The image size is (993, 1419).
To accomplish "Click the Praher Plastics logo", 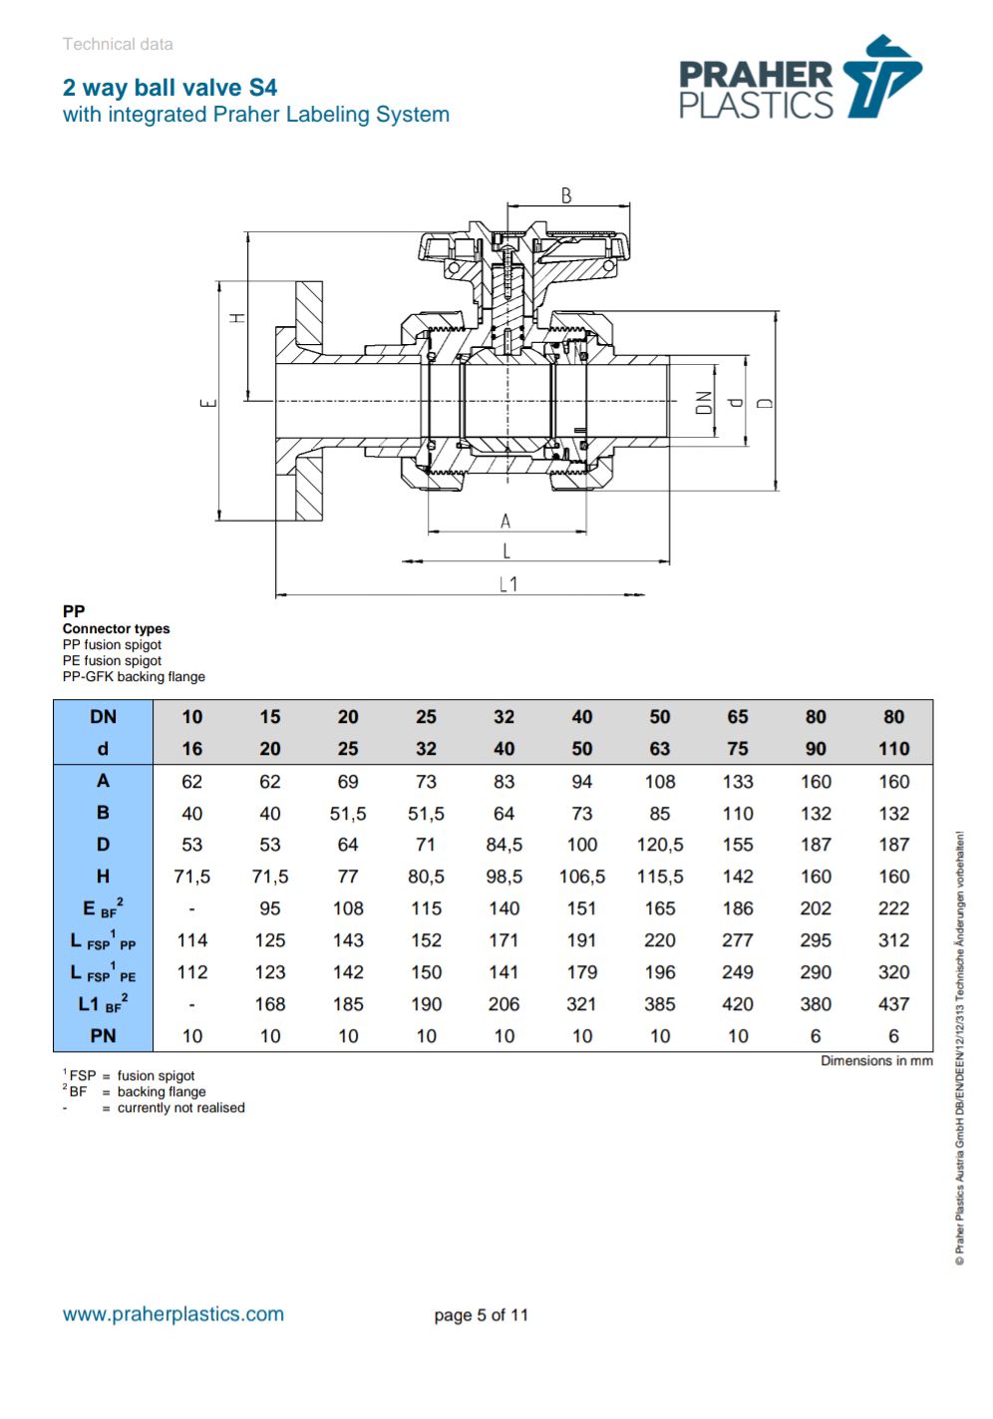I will coord(800,79).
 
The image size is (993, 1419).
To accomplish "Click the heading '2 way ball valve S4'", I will coord(169,88).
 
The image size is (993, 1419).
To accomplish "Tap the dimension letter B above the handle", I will coord(566,195).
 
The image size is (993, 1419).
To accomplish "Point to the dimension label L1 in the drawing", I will coord(508,584).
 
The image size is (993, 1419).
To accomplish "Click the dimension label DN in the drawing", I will coord(704,403).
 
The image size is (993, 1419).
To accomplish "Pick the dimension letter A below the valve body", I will coord(505,521).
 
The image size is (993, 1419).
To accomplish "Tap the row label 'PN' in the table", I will coord(103,1036).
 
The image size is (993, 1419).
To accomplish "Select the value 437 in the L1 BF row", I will coord(893,1004).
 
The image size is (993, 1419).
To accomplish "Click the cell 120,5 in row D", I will coord(659,845).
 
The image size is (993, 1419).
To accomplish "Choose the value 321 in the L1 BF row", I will coord(581,1004).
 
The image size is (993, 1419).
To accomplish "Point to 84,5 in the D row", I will coord(503,845).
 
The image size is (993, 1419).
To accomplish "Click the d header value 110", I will coord(893,749).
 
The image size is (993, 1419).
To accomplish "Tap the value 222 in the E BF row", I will coord(893,908).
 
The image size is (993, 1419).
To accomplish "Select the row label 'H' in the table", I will coord(103,877).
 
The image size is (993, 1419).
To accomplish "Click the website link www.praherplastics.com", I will coord(173,1314).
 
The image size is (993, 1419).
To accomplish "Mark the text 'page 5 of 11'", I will coord(481,1315).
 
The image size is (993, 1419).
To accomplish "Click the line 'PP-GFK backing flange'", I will coord(134,677).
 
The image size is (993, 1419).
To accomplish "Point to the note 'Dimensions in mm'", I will coord(876,1061).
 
